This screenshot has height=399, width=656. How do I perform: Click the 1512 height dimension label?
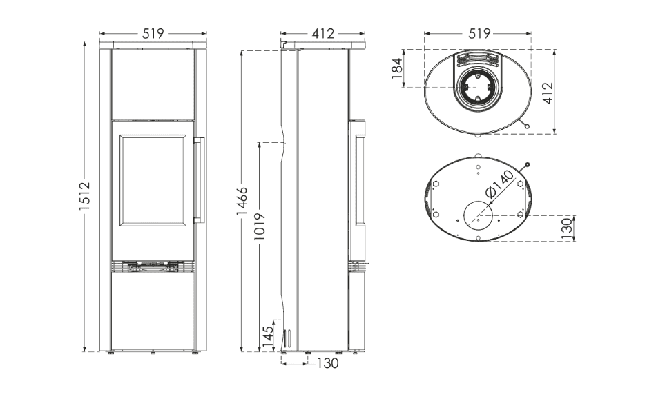point(85,196)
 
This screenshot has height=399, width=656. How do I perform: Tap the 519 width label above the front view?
point(153,33)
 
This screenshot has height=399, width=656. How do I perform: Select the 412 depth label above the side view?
point(323,33)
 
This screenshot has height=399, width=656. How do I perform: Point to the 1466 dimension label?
point(242,201)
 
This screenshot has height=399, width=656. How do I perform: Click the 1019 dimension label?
point(260,227)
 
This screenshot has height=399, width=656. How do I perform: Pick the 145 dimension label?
point(268,335)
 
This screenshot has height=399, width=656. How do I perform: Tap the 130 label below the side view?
point(327,364)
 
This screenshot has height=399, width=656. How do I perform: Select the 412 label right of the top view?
point(548,93)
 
